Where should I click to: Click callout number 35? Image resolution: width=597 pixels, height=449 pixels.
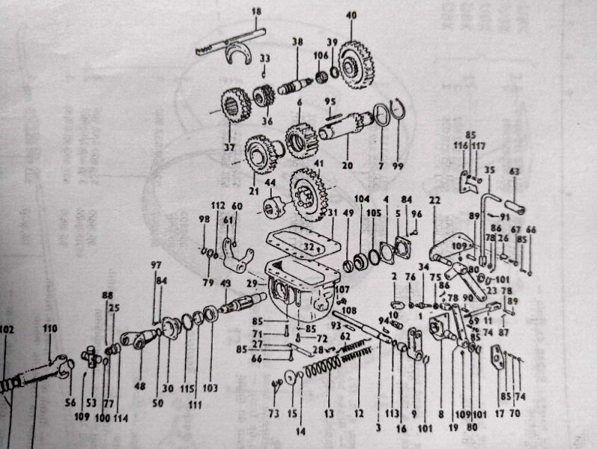tap(490, 170)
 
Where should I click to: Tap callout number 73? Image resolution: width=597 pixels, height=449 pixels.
tap(273, 412)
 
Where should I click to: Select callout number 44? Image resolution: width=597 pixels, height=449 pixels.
tap(271, 182)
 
